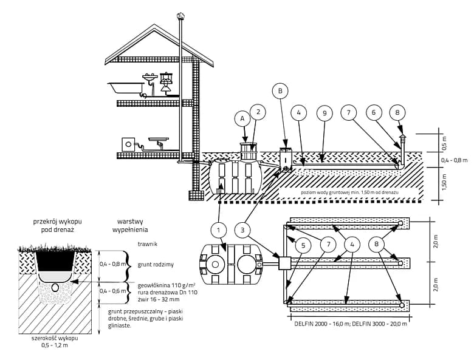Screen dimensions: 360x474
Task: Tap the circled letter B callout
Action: coord(280,91)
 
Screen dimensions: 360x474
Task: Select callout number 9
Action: coord(325,113)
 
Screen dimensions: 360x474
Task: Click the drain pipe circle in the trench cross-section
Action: coord(54,287)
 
